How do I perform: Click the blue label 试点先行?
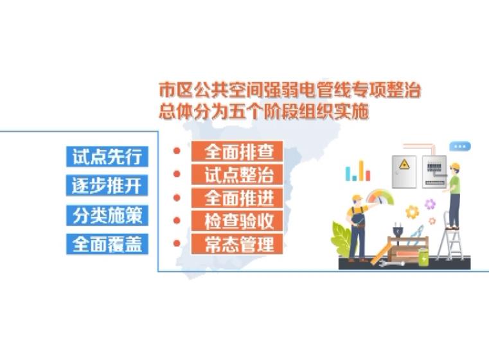(x=107, y=156)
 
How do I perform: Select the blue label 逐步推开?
(x=107, y=185)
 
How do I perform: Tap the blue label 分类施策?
(x=107, y=215)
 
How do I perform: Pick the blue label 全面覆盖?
(x=107, y=244)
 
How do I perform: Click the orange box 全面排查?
(x=237, y=151)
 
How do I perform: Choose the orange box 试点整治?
(x=237, y=175)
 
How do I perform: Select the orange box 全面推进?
(x=237, y=198)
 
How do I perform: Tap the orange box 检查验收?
(x=237, y=221)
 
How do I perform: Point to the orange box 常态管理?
(x=237, y=244)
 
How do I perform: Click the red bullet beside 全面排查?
(x=177, y=151)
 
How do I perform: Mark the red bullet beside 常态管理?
(x=177, y=243)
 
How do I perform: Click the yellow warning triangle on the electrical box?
(x=404, y=164)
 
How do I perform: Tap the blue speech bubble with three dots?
(x=460, y=147)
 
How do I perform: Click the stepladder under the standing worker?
(x=450, y=236)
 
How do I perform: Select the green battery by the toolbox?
(x=423, y=257)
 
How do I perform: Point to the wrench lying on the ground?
(x=391, y=264)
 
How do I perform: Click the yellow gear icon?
(x=413, y=212)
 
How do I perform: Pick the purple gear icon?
(x=430, y=204)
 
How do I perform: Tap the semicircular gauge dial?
(x=380, y=197)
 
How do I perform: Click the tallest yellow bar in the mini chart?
(x=361, y=170)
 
